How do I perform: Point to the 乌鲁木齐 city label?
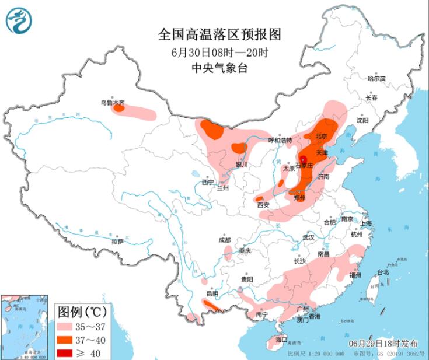pos(111,102)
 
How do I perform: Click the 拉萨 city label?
pos(117,241)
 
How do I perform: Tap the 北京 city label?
pos(320,136)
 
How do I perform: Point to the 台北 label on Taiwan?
pos(383,272)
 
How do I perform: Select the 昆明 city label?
pos(211,293)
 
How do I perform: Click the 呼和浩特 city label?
pos(279,140)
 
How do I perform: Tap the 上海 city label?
pos(367,223)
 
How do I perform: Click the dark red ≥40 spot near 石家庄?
pos(304,159)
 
